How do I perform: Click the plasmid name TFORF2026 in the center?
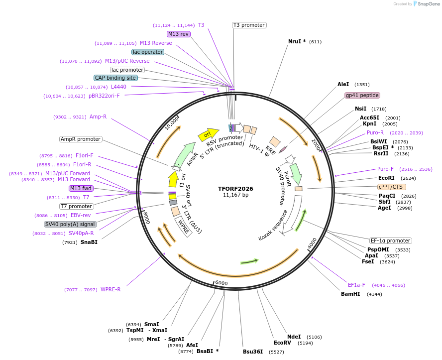pyautogui.click(x=235, y=189)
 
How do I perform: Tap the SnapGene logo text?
pyautogui.click(x=429, y=4)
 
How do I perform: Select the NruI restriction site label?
pyautogui.click(x=297, y=41)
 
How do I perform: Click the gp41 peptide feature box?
pyautogui.click(x=362, y=95)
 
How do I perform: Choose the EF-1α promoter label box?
pyautogui.click(x=391, y=240)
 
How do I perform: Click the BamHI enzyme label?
pyautogui.click(x=350, y=294)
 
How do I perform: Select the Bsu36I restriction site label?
pyautogui.click(x=253, y=352)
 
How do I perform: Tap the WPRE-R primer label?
pyautogui.click(x=110, y=289)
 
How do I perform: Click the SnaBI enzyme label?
pyautogui.click(x=89, y=242)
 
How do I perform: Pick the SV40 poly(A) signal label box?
pyautogui.click(x=70, y=224)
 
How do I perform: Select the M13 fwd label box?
pyautogui.click(x=81, y=188)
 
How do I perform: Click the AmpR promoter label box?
pyautogui.click(x=81, y=139)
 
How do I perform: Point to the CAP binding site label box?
pyautogui.click(x=115, y=78)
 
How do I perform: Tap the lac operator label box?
pyautogui.click(x=148, y=52)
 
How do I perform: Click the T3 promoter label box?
pyautogui.click(x=249, y=25)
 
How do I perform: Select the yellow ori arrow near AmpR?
pyautogui.click(x=208, y=133)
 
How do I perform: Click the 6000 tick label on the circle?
pyautogui.click(x=221, y=283)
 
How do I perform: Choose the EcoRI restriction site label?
pyautogui.click(x=386, y=178)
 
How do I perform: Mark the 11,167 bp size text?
pyautogui.click(x=235, y=195)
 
